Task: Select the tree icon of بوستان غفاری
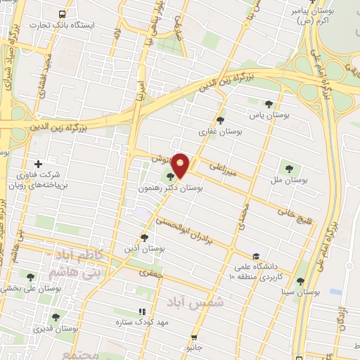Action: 221,120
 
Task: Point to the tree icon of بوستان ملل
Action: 289,167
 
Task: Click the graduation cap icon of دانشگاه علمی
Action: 255,256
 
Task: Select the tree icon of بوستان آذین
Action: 145,238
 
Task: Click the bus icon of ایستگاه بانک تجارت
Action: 64,13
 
